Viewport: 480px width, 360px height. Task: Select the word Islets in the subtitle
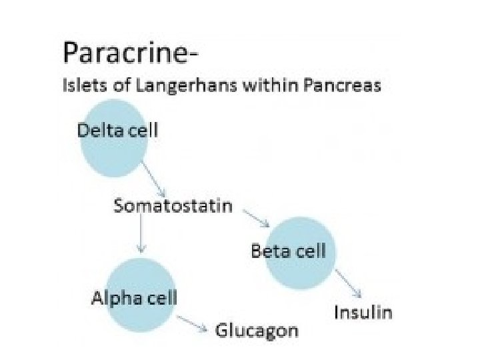79,86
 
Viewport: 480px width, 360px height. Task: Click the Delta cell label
118,129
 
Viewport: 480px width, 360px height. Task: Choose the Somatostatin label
173,205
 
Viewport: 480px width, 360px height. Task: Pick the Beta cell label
288,251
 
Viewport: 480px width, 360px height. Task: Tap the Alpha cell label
134,297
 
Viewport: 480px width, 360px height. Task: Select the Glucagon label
257,331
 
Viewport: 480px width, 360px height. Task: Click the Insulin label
363,313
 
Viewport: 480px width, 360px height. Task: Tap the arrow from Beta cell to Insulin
348,283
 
